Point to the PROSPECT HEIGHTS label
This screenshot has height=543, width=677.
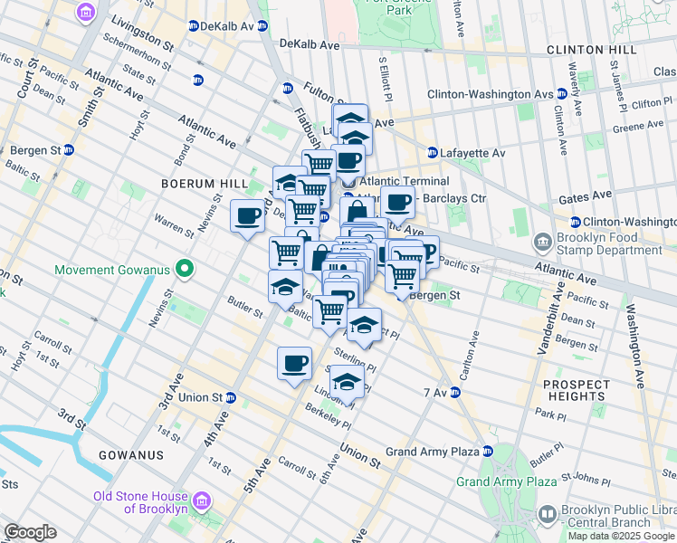(x=577, y=390)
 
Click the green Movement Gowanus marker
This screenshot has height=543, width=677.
(x=185, y=269)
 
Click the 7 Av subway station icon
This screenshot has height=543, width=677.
(x=455, y=392)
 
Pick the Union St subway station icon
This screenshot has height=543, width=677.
(x=231, y=397)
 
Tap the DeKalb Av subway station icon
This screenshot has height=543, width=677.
(x=194, y=26)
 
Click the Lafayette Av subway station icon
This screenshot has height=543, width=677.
(x=433, y=153)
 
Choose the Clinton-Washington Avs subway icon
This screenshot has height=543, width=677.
(x=562, y=93)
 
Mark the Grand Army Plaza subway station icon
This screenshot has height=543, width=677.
(x=487, y=451)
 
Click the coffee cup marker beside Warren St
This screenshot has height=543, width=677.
(x=247, y=215)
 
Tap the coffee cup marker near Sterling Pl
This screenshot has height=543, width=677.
(x=293, y=364)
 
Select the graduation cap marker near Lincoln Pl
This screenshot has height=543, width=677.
(x=346, y=381)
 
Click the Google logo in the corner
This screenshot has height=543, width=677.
(x=30, y=532)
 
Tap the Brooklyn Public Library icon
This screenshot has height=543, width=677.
(x=547, y=514)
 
